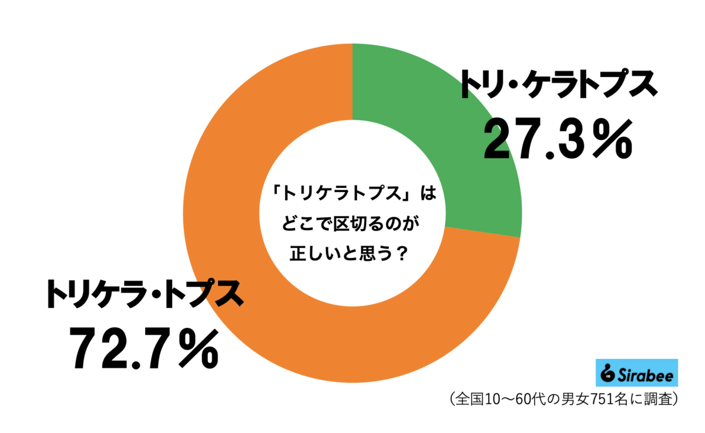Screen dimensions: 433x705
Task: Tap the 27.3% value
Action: coord(558,140)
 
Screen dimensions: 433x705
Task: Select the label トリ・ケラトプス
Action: coord(558,85)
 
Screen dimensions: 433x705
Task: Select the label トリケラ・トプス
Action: coord(145,293)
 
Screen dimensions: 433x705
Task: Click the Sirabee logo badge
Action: coord(637,372)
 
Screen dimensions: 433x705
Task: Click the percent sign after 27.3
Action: coord(611,140)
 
